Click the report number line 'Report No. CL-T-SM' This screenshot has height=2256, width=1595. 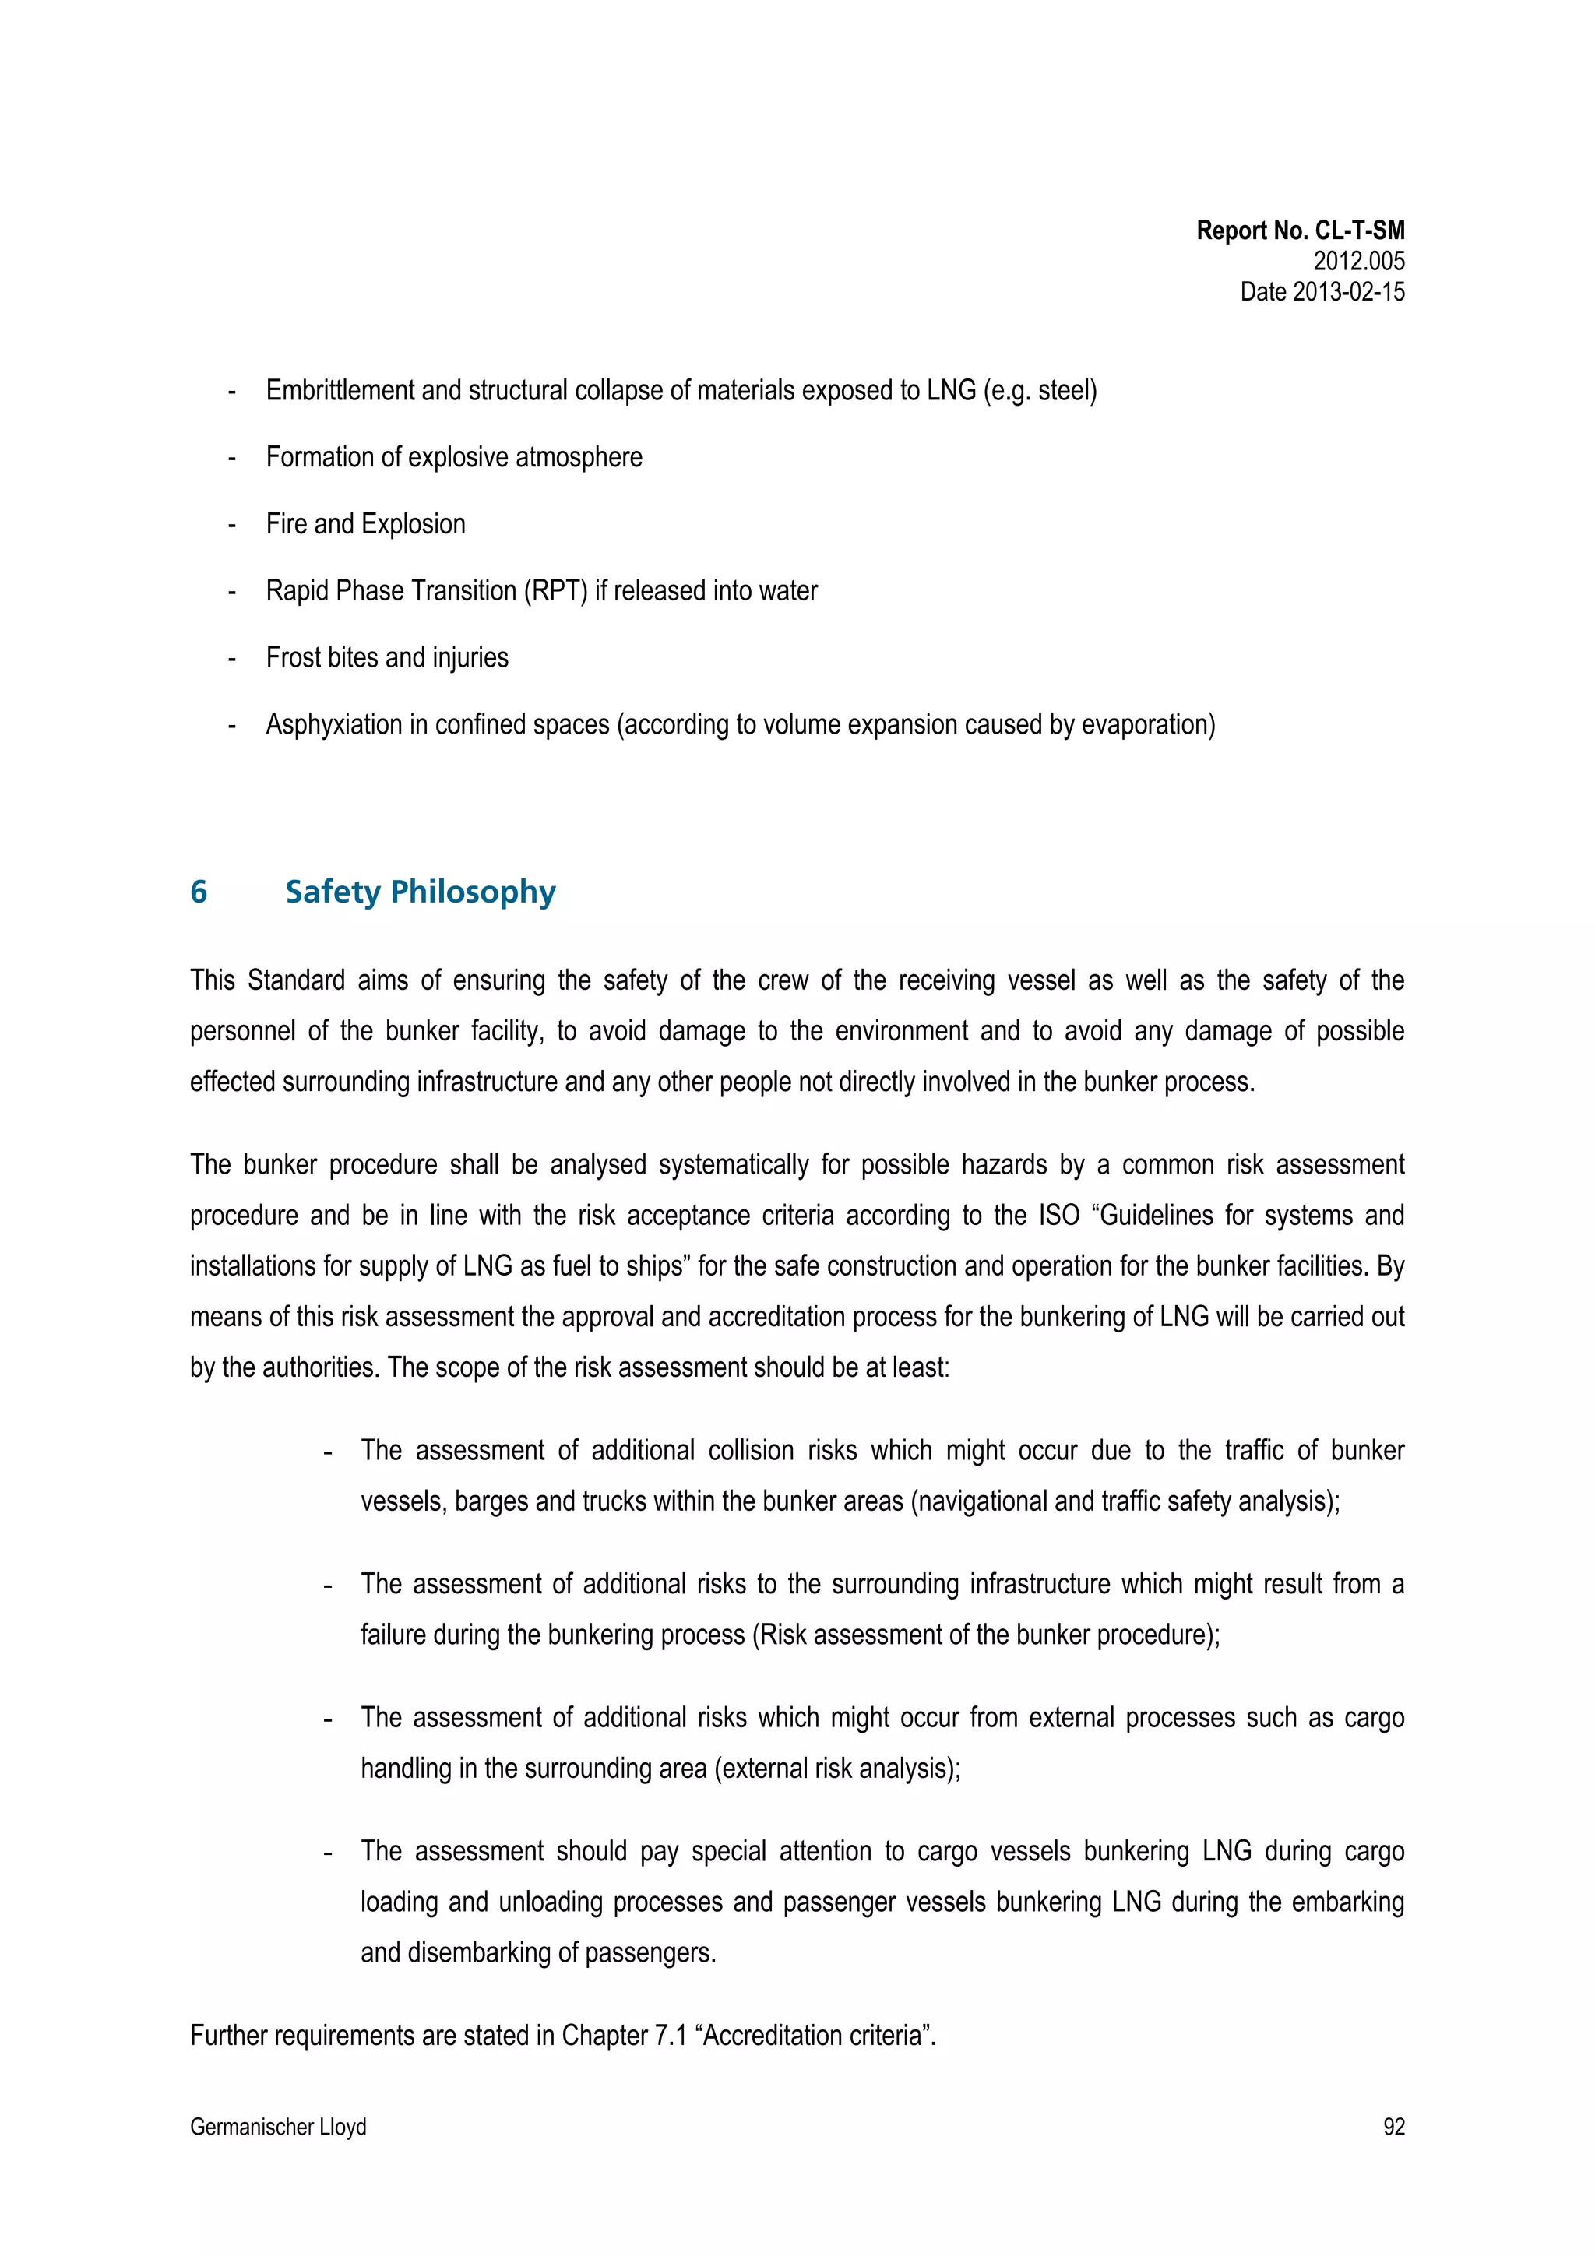point(1299,231)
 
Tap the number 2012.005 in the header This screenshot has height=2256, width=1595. point(1358,262)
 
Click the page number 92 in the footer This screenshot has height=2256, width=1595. point(1393,2126)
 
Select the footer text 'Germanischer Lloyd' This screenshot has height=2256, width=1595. point(278,2126)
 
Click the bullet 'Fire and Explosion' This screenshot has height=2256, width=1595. point(365,524)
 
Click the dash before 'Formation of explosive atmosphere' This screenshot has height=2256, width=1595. point(232,458)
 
